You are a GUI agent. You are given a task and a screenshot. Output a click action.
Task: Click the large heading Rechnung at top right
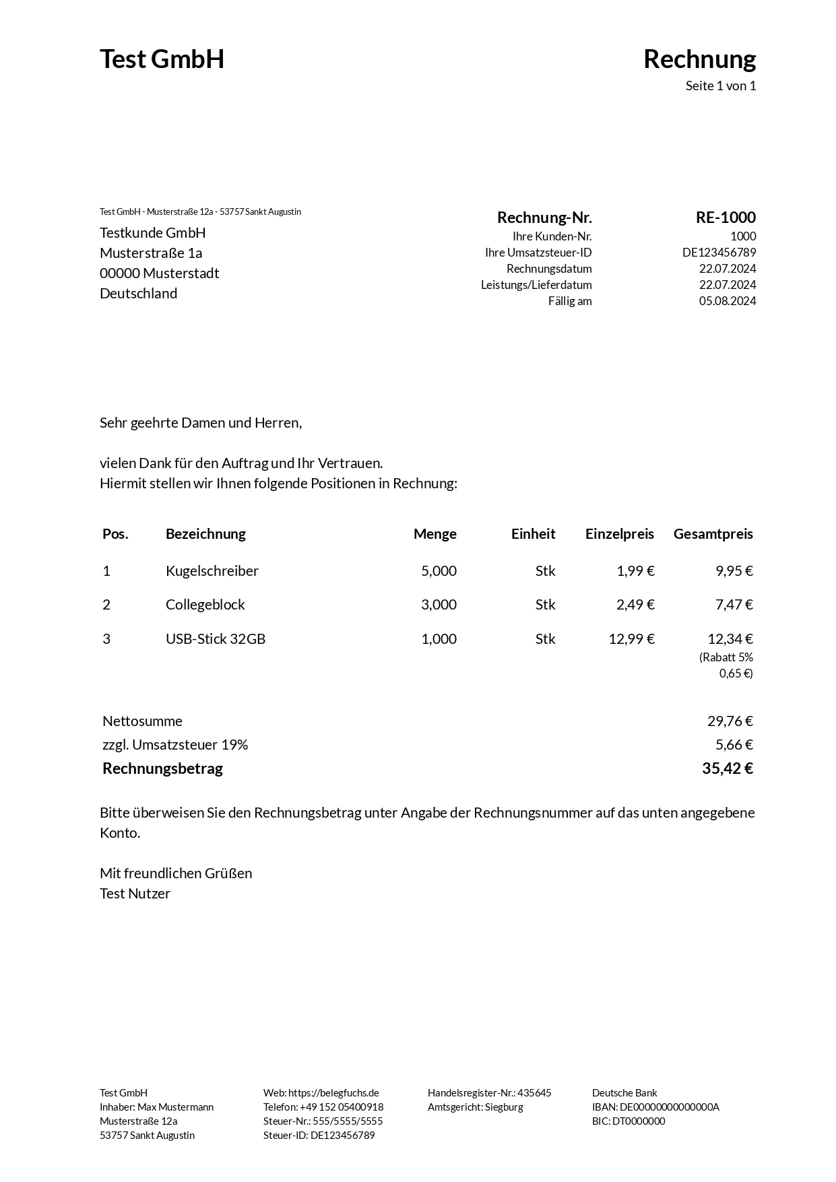pos(699,59)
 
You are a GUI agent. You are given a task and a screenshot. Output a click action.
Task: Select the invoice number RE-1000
pos(726,218)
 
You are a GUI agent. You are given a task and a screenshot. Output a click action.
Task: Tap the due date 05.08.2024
pos(727,301)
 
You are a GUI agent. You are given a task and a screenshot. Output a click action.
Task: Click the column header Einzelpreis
pos(619,534)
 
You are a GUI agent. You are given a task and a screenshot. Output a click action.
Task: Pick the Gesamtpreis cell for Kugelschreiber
pos(734,571)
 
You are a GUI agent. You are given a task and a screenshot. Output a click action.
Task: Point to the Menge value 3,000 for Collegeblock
pos(439,605)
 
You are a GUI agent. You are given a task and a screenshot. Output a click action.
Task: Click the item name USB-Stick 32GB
pos(216,638)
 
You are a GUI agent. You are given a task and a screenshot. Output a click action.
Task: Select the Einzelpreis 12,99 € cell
pos(631,638)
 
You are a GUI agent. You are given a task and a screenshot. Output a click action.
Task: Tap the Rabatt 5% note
pos(726,657)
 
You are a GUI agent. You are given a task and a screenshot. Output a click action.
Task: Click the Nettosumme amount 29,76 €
pos(730,721)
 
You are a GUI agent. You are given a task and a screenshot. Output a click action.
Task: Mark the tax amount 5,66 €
pos(734,745)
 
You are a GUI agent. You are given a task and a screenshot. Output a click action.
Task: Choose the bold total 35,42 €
pos(727,768)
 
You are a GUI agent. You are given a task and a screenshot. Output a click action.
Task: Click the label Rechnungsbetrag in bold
pos(162,768)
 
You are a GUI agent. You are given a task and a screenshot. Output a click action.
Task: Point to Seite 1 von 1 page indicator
pos(720,86)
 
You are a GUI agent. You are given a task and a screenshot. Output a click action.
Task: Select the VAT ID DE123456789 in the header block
pos(719,253)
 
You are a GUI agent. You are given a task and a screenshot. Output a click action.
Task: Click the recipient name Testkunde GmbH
pos(153,233)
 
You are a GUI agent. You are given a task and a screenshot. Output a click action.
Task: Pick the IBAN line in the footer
pos(655,1107)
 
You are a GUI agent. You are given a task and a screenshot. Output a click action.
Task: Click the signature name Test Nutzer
pos(135,894)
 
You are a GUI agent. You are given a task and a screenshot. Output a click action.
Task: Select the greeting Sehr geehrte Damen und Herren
pos(201,423)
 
